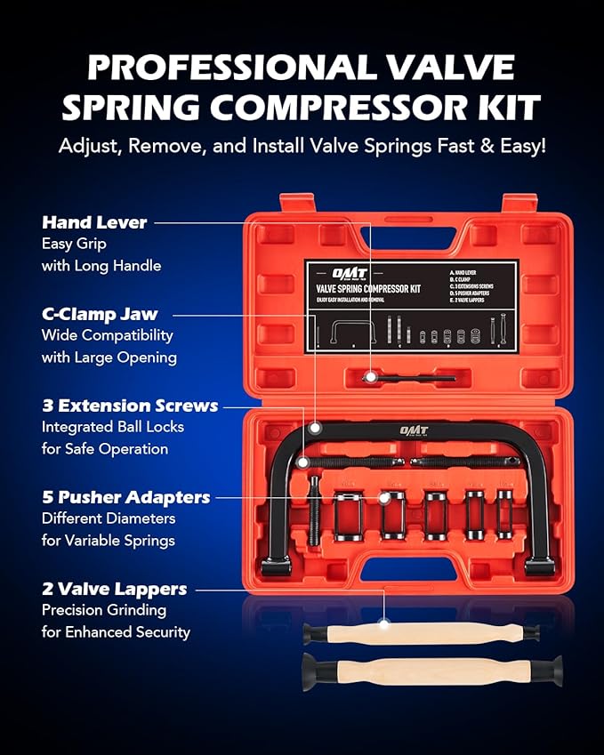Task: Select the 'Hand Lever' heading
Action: pos(94,222)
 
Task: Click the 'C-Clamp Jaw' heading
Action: pos(100,314)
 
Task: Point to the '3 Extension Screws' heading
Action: pos(130,406)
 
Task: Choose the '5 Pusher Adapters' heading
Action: pos(125,496)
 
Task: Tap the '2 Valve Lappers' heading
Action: pos(114,589)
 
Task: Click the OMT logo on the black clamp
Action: pos(413,430)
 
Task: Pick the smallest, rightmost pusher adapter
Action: pos(505,514)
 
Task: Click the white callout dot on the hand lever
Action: pos(367,378)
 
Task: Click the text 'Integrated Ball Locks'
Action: pos(112,427)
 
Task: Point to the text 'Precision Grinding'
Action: pos(103,610)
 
